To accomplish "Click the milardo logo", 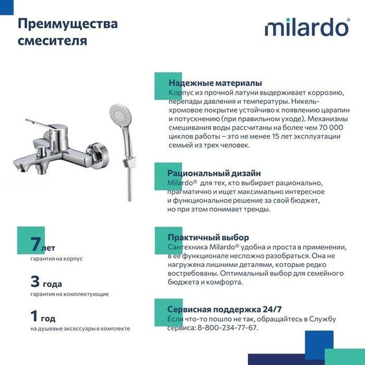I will (307, 28).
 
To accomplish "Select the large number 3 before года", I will (36, 280).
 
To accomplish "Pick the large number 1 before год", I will (36, 316).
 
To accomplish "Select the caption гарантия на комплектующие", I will (69, 294).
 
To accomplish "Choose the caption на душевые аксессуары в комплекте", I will (80, 328).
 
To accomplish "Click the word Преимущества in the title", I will (67, 24).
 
